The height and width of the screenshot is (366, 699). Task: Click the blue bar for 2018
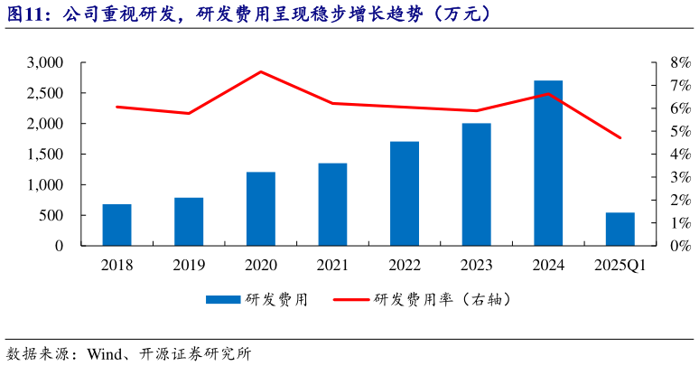(116, 225)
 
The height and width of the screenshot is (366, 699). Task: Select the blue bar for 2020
(261, 209)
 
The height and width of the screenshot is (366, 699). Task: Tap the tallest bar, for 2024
(548, 163)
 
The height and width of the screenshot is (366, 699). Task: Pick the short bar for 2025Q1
(620, 230)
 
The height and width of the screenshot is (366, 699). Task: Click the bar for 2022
(405, 193)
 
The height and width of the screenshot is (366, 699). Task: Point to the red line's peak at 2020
(261, 71)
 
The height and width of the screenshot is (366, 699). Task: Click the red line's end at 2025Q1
(620, 138)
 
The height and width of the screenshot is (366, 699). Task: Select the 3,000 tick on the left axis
(45, 62)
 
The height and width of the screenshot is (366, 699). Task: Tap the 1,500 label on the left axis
(45, 155)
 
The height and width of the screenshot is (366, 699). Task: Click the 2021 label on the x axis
(332, 266)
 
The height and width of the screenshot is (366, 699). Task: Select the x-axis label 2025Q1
(620, 266)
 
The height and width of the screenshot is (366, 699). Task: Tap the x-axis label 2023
(477, 266)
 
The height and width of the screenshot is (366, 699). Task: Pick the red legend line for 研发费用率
(351, 300)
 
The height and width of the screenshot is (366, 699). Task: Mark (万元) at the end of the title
(462, 14)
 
